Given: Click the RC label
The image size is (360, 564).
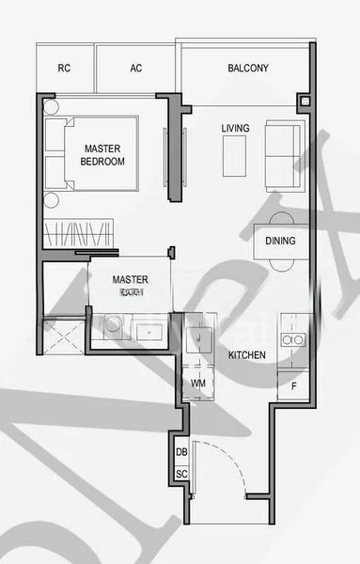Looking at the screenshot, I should pos(64,69).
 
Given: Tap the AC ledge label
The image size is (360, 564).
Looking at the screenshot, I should pos(136,69).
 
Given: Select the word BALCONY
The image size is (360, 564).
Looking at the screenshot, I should pos(248,69).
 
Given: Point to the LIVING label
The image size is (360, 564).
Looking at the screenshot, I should pos(235,128).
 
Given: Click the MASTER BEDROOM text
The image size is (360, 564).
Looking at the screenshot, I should pos(102,155).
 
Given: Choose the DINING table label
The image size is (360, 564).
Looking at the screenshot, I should pos(279,242).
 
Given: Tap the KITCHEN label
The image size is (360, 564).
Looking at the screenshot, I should pos(246,355).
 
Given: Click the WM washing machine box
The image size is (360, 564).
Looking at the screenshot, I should pos(198,384).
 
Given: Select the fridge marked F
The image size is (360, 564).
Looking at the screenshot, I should pos(293,385).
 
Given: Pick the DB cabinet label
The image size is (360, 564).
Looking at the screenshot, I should pos(181,452).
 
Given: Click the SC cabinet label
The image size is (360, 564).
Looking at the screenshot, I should pos(181,475).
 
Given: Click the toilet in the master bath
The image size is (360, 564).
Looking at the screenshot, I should pos(114,327).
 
